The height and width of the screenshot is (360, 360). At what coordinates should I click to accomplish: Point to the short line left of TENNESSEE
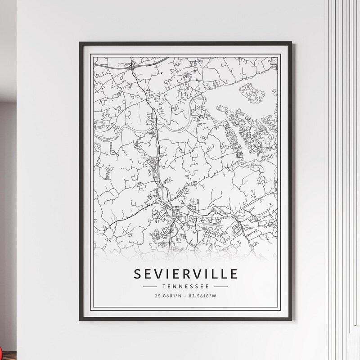click(149, 286)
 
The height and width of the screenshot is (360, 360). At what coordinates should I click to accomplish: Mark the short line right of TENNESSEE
click(221, 286)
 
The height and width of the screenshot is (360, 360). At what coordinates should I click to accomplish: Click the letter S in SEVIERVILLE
click(136, 274)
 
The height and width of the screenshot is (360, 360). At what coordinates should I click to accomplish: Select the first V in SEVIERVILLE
click(158, 274)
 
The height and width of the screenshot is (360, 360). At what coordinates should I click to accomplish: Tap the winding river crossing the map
click(135, 128)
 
